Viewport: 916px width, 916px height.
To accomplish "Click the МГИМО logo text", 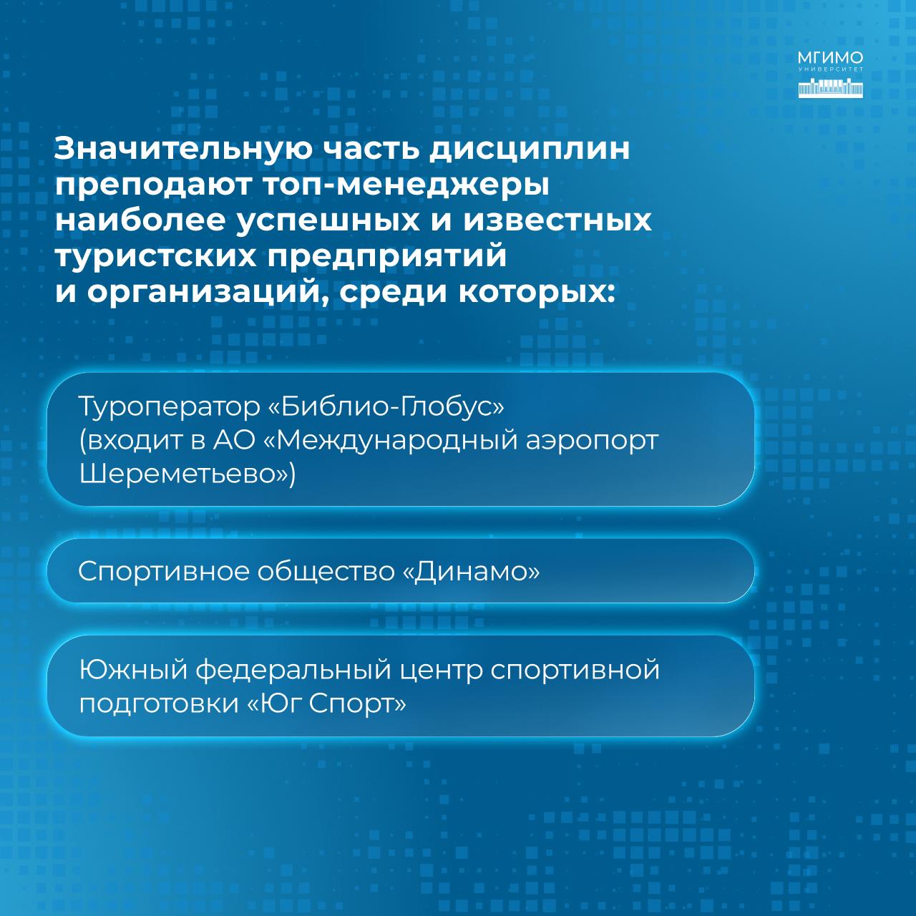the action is (830, 59).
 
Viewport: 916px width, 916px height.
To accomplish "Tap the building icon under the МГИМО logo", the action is (830, 89).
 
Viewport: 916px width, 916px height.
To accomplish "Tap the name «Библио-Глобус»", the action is (386, 407).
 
